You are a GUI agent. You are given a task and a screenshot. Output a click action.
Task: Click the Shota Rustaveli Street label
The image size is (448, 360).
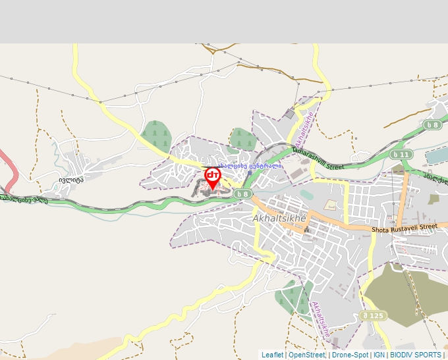click(404, 228)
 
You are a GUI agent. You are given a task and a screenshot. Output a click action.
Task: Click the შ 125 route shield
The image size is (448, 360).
click(373, 316)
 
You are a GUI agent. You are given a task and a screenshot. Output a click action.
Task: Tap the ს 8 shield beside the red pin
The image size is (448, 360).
click(242, 193)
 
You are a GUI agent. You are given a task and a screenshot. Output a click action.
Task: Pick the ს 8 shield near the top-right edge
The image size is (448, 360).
click(432, 125)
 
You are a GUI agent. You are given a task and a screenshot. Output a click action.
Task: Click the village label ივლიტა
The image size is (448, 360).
click(70, 178)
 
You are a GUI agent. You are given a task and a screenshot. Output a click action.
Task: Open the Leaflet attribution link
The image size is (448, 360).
click(272, 355)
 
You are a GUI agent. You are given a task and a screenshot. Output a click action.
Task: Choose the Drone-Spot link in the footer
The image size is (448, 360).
click(350, 355)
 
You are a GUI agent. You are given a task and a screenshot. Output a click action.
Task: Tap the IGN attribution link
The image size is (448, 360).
click(379, 355)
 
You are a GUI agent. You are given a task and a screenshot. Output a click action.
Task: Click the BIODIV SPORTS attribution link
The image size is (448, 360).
click(415, 355)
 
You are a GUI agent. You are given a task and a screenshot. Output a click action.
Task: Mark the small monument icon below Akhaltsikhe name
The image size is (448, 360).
click(306, 230)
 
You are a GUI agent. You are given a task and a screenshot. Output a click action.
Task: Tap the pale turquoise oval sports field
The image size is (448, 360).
click(307, 195)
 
